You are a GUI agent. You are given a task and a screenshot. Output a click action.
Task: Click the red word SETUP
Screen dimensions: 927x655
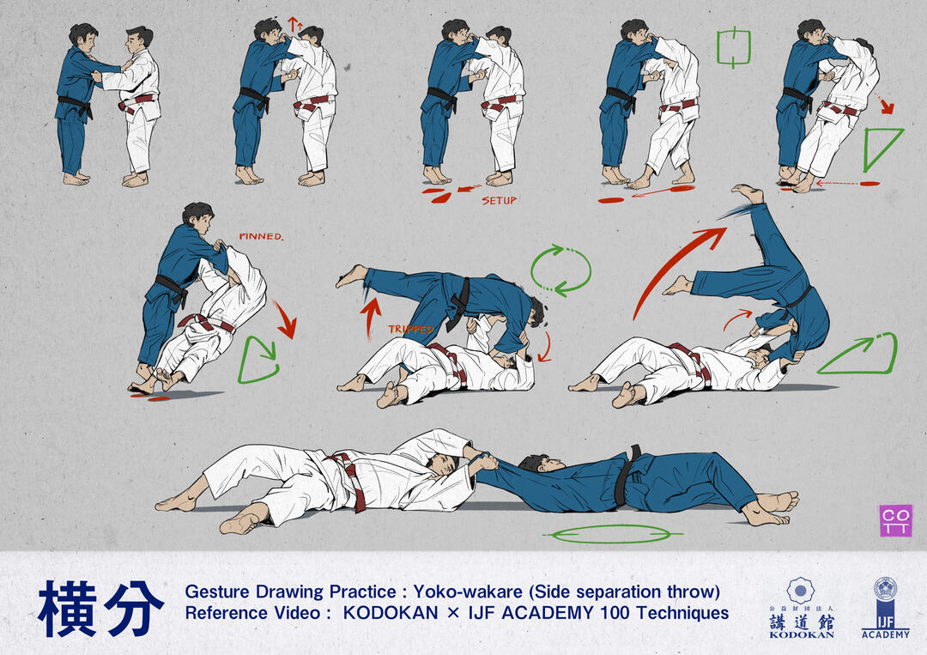click(499, 201)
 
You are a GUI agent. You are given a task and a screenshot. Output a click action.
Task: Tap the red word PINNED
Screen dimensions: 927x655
click(261, 236)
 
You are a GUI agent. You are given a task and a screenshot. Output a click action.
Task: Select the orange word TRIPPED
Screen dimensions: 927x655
click(411, 329)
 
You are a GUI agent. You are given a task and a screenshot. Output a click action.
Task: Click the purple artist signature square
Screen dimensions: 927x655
click(895, 521)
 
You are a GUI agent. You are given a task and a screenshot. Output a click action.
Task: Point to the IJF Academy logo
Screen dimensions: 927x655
click(885, 608)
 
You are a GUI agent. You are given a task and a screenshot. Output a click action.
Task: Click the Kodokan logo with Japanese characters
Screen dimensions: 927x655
click(801, 608)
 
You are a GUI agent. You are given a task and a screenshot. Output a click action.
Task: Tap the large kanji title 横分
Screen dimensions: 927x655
click(100, 609)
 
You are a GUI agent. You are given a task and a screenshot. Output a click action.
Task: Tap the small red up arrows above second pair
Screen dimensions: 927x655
click(294, 25)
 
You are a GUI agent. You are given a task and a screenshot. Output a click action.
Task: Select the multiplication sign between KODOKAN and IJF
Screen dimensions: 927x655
click(453, 614)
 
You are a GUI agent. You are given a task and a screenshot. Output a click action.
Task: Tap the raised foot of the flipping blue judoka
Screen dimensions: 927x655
click(748, 194)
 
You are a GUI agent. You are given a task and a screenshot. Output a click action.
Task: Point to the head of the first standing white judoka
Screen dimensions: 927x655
click(140, 41)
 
